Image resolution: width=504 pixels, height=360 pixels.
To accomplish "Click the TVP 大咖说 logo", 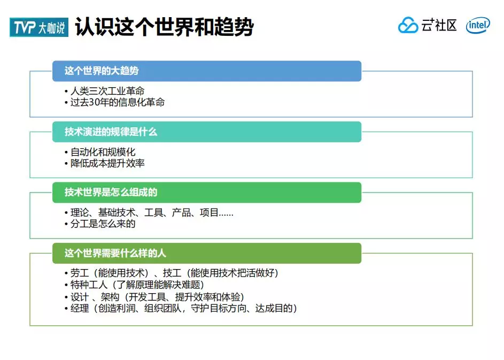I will (x=39, y=27).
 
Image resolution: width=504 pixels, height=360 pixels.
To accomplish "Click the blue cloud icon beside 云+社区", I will (x=408, y=26).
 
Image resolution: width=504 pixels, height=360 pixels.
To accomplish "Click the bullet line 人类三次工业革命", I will (x=107, y=91).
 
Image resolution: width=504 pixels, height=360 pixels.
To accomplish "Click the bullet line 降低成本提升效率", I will (x=107, y=163).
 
